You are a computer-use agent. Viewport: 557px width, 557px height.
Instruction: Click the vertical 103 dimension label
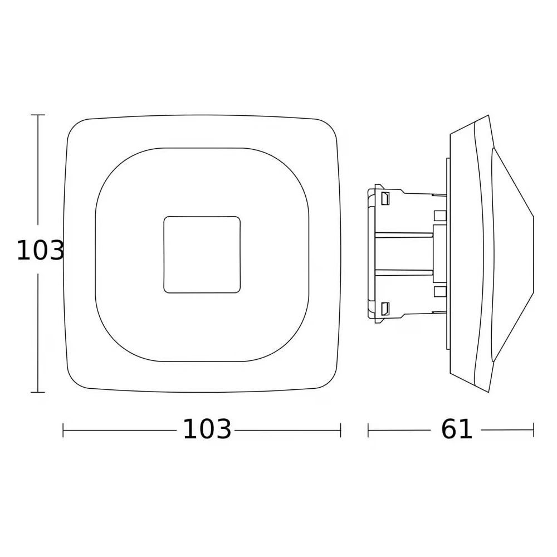(40, 251)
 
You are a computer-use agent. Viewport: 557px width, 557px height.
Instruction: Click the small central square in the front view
(202, 255)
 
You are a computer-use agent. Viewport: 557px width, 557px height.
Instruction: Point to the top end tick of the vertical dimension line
(38, 115)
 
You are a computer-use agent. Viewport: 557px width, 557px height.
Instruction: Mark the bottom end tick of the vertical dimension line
(38, 392)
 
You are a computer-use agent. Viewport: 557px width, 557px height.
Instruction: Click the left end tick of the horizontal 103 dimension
(63, 430)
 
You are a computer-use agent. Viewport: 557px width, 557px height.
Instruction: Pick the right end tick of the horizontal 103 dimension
(341, 430)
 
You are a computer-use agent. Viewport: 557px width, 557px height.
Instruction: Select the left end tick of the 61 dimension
(368, 430)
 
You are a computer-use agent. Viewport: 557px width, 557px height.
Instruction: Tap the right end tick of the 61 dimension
(534, 430)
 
